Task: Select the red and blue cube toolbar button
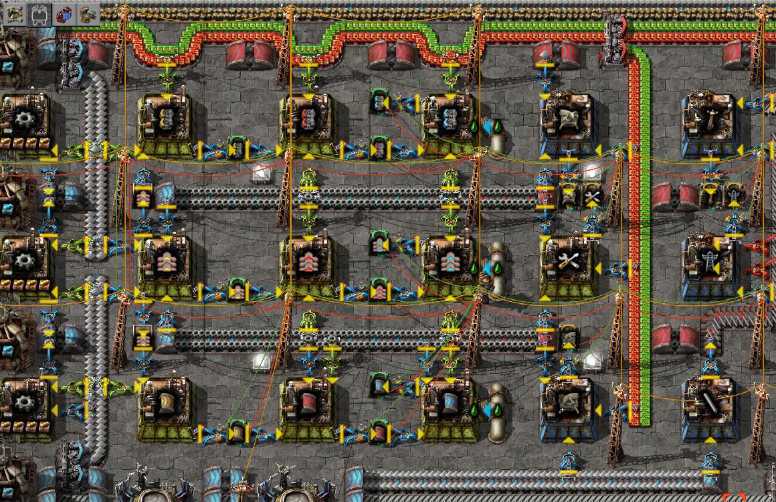click(64, 13)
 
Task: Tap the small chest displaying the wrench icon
click(591, 195)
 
